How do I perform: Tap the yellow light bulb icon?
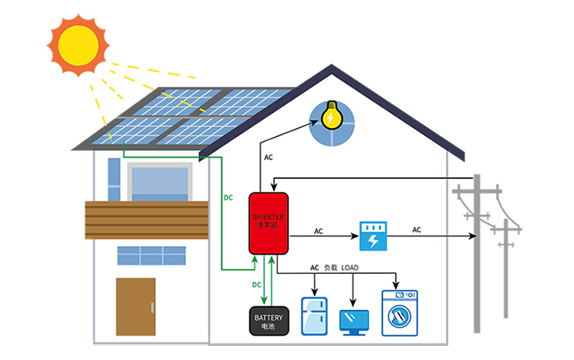click(331, 117)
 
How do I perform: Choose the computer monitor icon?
click(354, 319)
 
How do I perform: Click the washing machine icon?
click(401, 313)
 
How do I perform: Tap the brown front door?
click(135, 306)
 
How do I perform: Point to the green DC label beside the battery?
click(257, 285)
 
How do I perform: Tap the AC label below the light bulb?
click(268, 157)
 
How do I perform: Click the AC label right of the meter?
click(417, 230)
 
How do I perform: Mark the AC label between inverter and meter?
click(318, 232)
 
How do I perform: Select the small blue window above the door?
click(151, 256)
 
